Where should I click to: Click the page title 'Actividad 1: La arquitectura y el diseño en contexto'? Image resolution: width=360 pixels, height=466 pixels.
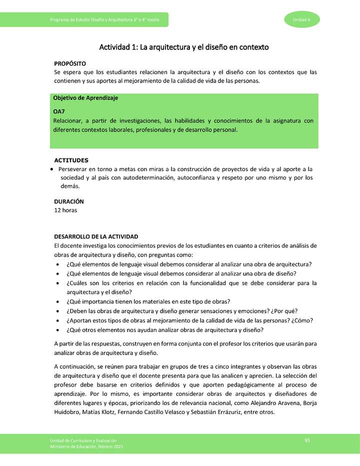[184, 47]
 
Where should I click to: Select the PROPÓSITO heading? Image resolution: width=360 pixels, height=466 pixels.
[70, 63]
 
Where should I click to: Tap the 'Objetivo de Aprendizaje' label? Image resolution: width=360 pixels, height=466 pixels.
[85, 98]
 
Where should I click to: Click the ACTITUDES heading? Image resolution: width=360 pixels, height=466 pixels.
[71, 160]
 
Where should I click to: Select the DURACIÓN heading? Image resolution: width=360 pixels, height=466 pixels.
[69, 201]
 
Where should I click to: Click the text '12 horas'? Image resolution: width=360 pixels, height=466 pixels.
[65, 210]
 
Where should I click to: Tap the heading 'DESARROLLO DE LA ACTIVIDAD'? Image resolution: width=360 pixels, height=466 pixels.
[96, 236]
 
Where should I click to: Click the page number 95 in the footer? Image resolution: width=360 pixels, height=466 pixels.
[307, 440]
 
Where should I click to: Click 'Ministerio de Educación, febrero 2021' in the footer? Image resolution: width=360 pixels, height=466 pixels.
[86, 446]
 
